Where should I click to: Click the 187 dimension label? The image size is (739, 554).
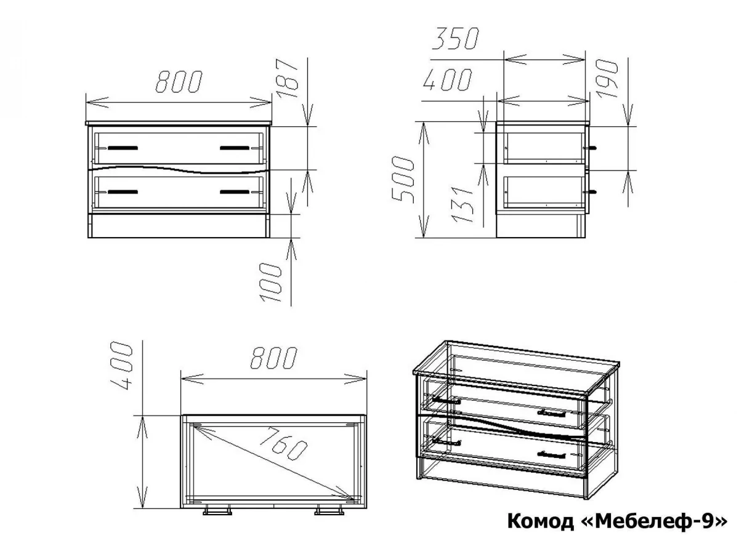tap(288, 78)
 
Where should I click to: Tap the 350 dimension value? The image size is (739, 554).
tap(455, 38)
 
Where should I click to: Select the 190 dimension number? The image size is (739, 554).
tap(607, 79)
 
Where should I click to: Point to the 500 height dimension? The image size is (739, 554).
tap(403, 179)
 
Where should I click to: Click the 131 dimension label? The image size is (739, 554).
tap(462, 205)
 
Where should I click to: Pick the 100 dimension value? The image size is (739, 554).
tap(270, 282)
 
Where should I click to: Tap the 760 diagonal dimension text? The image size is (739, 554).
tap(283, 443)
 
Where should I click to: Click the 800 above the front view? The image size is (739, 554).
tap(179, 81)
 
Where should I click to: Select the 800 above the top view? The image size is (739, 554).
tap(273, 358)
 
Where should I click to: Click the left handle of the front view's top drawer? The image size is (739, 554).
tap(123, 148)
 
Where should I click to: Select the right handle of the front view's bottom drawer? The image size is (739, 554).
tap(235, 191)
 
